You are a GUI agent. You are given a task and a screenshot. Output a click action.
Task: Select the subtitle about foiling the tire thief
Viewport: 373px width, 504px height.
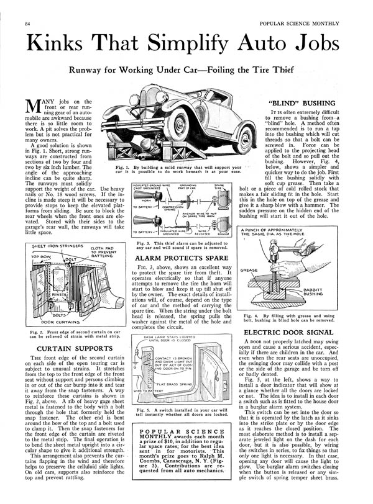pyautogui.click(x=186, y=71)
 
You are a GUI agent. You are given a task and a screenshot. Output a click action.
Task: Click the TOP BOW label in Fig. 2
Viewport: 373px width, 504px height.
pyautogui.click(x=42, y=255)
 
